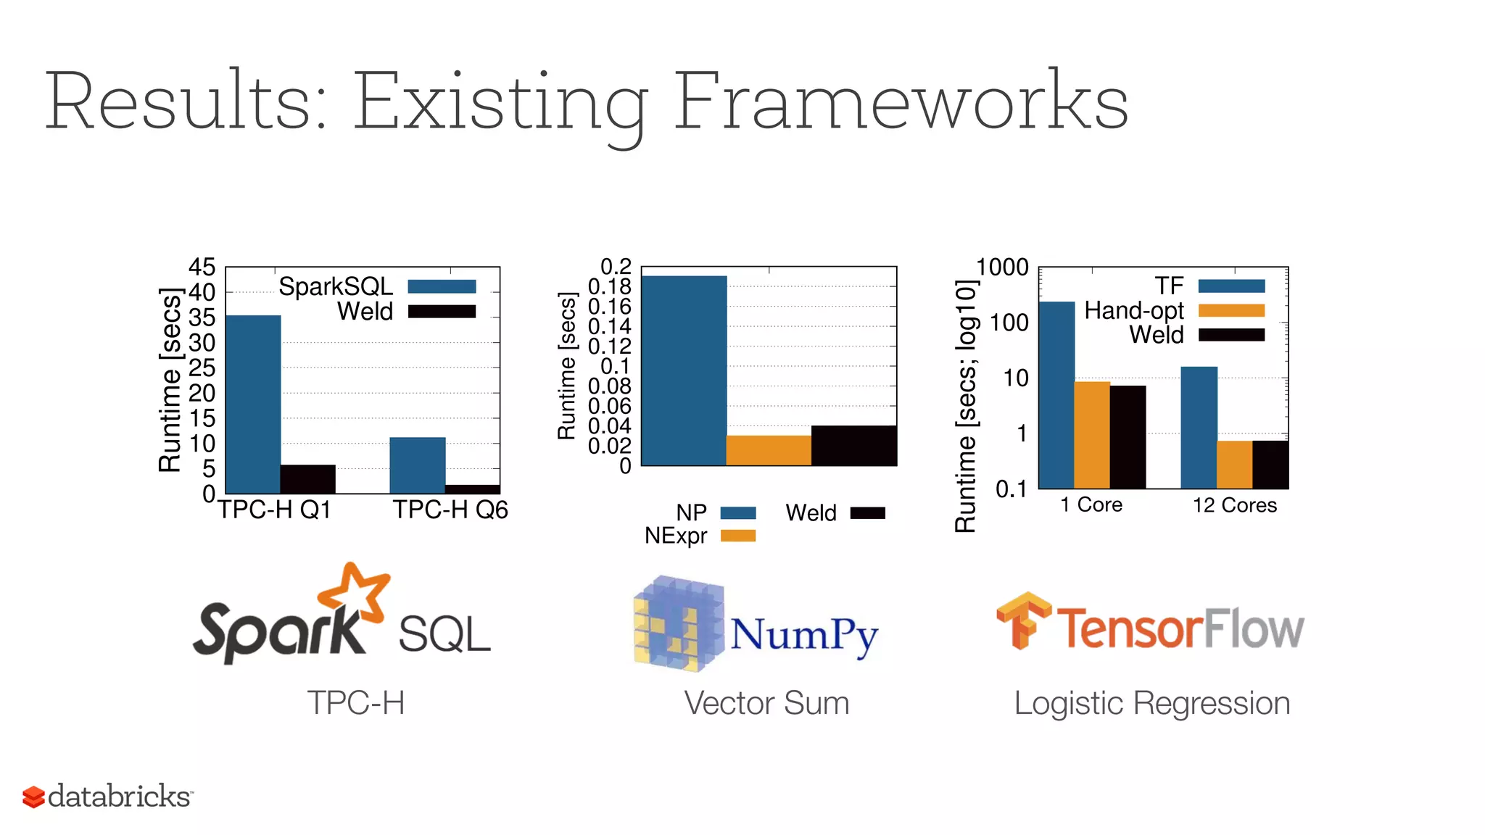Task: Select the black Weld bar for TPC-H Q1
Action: [308, 479]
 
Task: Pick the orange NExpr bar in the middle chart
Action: [769, 450]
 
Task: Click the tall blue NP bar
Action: [684, 370]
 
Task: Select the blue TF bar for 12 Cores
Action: [1199, 427]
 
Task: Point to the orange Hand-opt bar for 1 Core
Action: [1092, 434]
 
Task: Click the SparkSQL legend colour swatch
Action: [442, 286]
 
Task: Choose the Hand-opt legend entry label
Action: [1133, 310]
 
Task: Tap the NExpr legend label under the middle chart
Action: [676, 536]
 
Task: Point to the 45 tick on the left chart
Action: [202, 267]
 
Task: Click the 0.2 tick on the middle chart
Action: [616, 266]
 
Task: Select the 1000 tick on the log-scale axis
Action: [1002, 267]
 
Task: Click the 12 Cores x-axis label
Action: [1235, 505]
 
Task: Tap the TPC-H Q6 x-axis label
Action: [450, 510]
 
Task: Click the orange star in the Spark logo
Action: [355, 591]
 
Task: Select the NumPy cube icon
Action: [677, 623]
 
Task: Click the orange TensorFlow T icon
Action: [1022, 620]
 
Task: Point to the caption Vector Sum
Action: [766, 703]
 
